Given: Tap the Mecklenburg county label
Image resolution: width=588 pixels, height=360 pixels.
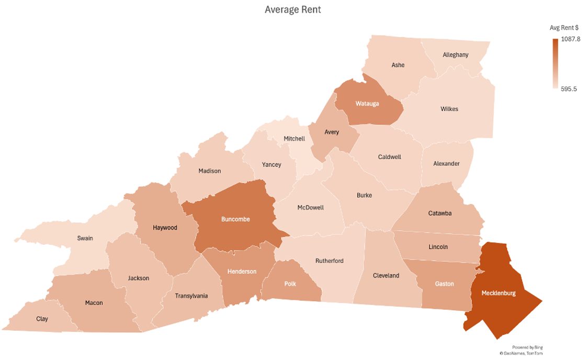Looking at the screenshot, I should coord(498,293).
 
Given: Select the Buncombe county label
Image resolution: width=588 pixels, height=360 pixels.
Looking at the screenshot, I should coord(235,219).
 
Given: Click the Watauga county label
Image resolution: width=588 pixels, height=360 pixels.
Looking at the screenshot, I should coord(367,103).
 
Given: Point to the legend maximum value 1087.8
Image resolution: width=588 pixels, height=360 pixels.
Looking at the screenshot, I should coord(570,39).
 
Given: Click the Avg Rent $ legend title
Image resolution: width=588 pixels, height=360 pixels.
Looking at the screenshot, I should coord(564,27).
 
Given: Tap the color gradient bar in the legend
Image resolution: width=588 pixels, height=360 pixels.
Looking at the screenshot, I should coord(555,64).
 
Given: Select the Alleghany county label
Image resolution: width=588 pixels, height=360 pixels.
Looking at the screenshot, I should coord(455,54).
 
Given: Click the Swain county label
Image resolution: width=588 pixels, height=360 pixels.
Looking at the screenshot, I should coord(85,238).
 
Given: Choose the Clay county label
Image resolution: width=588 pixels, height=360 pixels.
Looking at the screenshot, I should coord(42,319).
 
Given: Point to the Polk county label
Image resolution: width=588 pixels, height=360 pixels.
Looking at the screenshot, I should coord(290,284).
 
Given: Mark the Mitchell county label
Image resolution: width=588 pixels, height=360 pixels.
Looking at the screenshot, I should coord(294,139).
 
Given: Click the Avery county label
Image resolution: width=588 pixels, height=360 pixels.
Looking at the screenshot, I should coord(332,132).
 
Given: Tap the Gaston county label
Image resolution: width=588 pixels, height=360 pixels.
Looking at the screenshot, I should coord(444,284).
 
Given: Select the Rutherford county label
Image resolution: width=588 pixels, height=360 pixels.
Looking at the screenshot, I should coord(329,261).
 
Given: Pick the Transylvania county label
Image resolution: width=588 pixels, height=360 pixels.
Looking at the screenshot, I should coord(191,296).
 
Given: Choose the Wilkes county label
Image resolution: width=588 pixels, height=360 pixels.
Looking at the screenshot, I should coord(449,109).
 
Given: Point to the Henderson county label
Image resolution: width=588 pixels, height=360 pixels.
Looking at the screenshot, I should coord(242,271).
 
